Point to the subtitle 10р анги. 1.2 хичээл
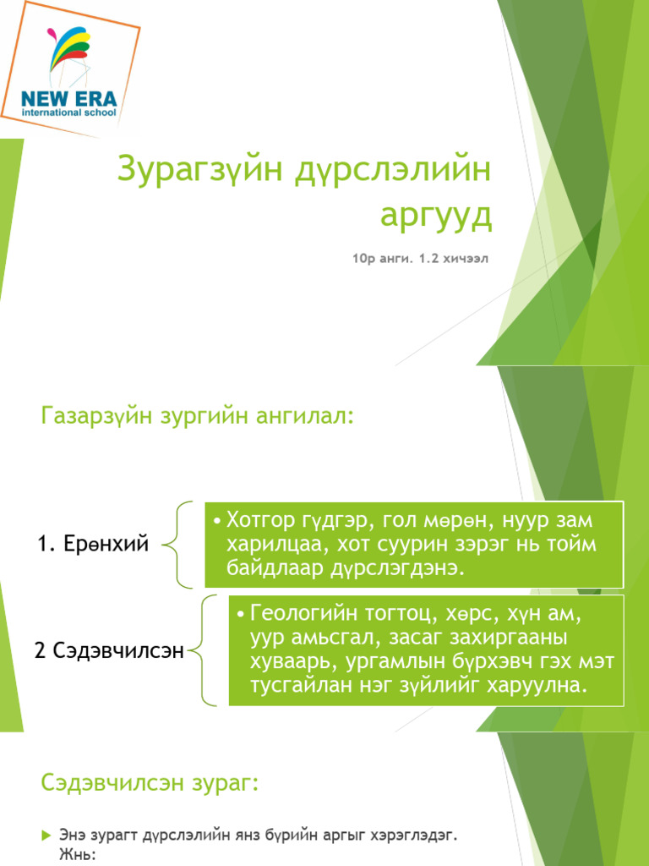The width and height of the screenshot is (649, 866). pos(421,257)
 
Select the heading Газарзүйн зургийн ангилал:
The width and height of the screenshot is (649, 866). pos(196,416)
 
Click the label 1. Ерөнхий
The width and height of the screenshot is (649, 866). pos(93,545)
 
